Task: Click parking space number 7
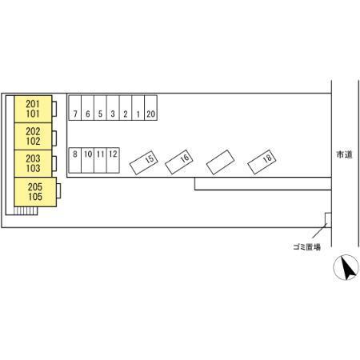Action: [x=75, y=108]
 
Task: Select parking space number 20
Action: [x=150, y=108]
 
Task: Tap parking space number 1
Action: [x=138, y=108]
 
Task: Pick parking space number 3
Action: [x=113, y=108]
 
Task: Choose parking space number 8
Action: [x=75, y=160]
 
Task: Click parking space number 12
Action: [x=113, y=160]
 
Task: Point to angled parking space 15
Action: [x=144, y=163]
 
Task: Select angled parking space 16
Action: [x=179, y=162]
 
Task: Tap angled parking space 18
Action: [x=262, y=162]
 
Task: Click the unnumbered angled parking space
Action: [x=220, y=162]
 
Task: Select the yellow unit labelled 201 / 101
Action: [x=33, y=109]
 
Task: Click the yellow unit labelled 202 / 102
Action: [x=33, y=137]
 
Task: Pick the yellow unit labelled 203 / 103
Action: [x=33, y=163]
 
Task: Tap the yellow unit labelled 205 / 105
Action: [x=35, y=192]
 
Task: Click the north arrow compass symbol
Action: [x=346, y=267]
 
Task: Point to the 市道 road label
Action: [x=345, y=154]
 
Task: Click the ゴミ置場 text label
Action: [x=306, y=247]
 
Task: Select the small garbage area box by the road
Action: [x=328, y=220]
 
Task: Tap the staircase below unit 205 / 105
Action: [x=26, y=211]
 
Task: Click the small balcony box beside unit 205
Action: [x=58, y=191]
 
